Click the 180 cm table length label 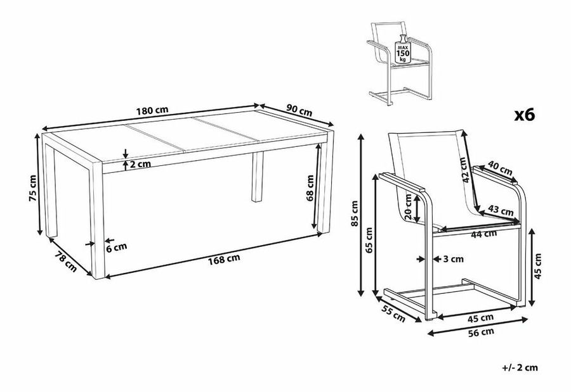152,110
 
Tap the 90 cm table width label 299,111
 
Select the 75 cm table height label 32,188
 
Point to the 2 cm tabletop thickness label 140,164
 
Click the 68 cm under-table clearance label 310,188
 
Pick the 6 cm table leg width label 117,247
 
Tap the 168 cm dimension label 224,259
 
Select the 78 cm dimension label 66,262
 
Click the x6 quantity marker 525,115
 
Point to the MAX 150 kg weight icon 403,50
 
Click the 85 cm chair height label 354,213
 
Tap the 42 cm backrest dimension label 463,170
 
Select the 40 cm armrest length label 500,170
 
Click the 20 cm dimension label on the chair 408,206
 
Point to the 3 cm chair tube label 454,259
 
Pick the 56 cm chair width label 481,332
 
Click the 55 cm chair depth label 393,313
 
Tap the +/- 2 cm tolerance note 520,368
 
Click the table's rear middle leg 258,177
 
